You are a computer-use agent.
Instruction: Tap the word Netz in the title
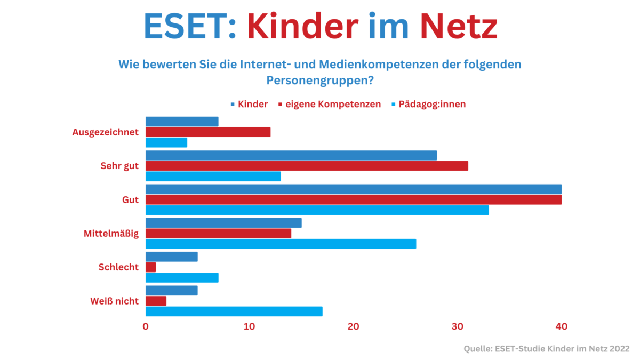point(459,26)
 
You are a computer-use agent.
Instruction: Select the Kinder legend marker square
point(233,105)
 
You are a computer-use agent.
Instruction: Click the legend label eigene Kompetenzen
point(333,105)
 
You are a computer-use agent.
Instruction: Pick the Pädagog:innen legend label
point(432,105)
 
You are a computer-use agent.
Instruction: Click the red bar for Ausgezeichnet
point(208,132)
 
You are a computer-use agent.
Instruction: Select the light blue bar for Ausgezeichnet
point(166,142)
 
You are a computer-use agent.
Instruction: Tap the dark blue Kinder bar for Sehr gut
point(291,155)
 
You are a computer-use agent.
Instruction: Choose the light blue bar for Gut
point(317,210)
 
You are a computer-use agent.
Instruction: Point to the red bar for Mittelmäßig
point(218,234)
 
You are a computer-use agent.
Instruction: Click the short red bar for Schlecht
point(151,267)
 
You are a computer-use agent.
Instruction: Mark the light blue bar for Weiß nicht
point(234,311)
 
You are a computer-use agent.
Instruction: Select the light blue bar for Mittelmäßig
point(281,244)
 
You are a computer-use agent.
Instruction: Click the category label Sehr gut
point(119,166)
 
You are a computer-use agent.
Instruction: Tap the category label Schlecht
point(118,267)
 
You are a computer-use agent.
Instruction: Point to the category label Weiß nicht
point(114,301)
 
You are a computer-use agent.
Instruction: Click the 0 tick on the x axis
point(146,326)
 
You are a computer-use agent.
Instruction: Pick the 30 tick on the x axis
point(458,326)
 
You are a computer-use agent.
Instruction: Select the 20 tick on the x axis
point(354,326)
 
